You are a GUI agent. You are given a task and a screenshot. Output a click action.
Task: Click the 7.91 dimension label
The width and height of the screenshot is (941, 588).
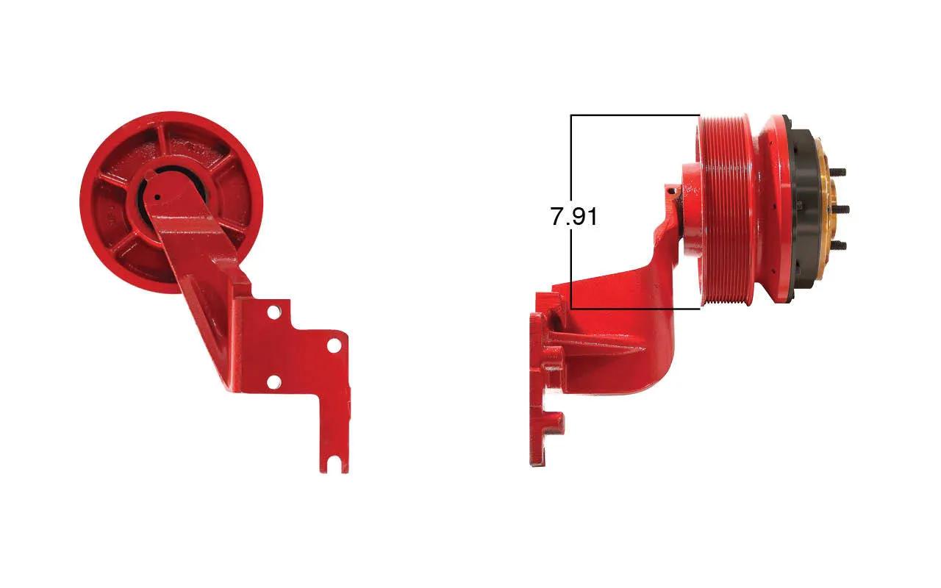pyautogui.click(x=574, y=217)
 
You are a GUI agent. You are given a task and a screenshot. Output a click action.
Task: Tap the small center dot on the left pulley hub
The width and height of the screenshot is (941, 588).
pyautogui.click(x=157, y=196)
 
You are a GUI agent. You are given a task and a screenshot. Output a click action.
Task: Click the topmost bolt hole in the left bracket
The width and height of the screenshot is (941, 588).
pyautogui.click(x=273, y=312)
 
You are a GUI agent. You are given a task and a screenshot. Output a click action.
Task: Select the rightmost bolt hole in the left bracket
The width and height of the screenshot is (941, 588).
pyautogui.click(x=334, y=346)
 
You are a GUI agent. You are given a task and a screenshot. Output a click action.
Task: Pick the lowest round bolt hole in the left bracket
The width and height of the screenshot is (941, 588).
pyautogui.click(x=273, y=382)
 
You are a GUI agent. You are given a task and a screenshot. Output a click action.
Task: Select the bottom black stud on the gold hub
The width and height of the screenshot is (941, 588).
pyautogui.click(x=838, y=245)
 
